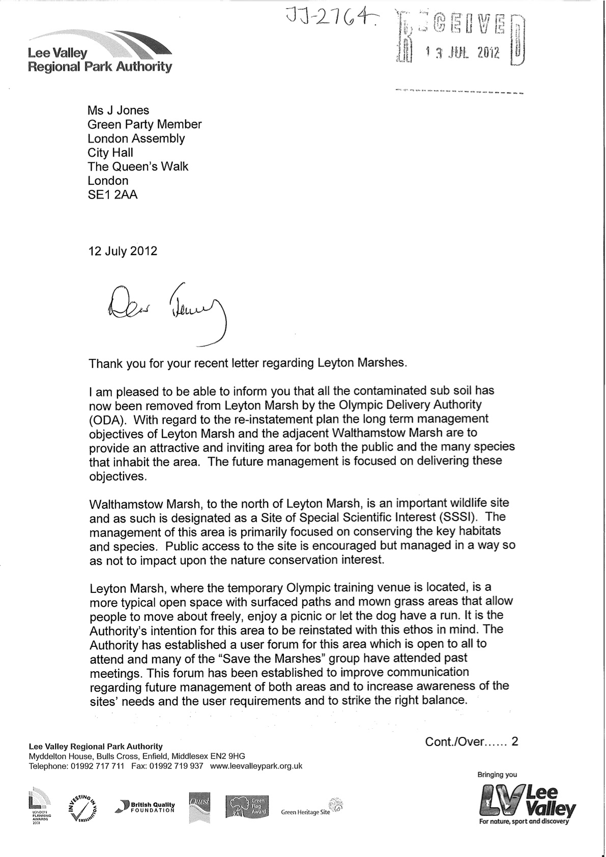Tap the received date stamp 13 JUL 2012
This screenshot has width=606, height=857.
pos(463,52)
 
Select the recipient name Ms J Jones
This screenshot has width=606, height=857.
pos(119,110)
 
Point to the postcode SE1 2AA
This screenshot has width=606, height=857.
pos(112,194)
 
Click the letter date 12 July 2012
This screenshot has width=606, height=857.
pos(123,251)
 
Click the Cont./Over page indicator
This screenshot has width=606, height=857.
pos(471,741)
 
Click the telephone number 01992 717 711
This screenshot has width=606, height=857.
pos(96,766)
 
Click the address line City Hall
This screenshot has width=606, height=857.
pos(110,152)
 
